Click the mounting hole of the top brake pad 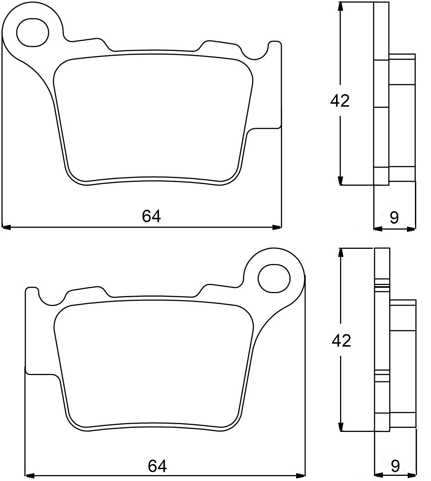click(x=33, y=32)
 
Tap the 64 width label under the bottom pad click(x=157, y=467)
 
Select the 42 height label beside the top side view click(x=340, y=101)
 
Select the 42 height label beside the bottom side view click(x=341, y=340)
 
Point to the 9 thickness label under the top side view click(x=394, y=218)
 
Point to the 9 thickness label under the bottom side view click(x=395, y=467)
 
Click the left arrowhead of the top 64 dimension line click(x=7, y=227)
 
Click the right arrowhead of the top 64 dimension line click(x=277, y=227)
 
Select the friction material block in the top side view click(x=402, y=118)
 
